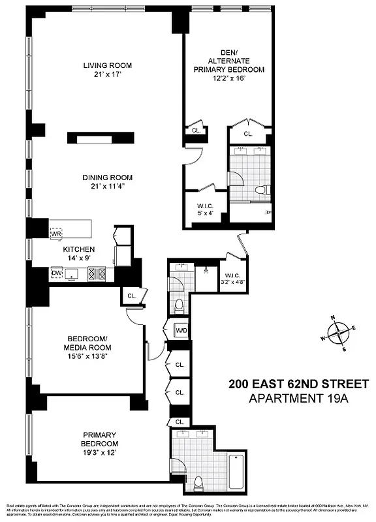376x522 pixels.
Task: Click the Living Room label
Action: tap(107, 65)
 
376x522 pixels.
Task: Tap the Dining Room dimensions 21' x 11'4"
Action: tap(107, 186)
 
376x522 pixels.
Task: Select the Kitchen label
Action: tap(78, 249)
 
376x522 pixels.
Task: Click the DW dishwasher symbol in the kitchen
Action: tap(57, 272)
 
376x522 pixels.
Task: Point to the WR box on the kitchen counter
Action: tap(57, 232)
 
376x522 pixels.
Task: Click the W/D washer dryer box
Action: tap(181, 331)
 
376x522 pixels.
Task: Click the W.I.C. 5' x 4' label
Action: tap(206, 209)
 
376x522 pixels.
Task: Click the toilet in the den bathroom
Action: tap(262, 191)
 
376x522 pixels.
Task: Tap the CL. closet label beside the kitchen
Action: tap(131, 296)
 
